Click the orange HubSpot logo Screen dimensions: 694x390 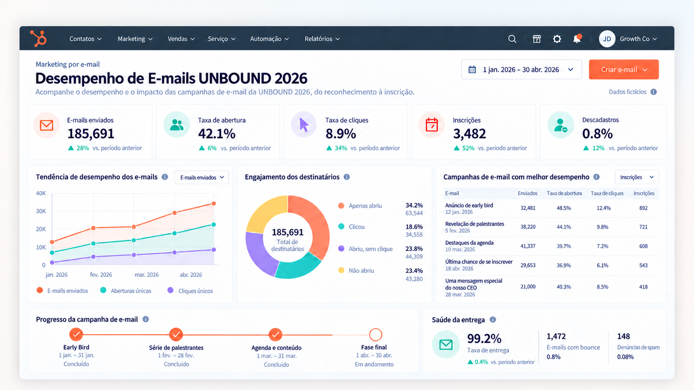pyautogui.click(x=39, y=39)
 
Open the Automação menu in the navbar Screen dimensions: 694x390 pyautogui.click(x=269, y=39)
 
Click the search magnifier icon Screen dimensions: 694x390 pyautogui.click(x=512, y=39)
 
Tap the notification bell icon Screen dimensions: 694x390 pyautogui.click(x=577, y=39)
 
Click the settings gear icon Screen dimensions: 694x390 pyautogui.click(x=557, y=39)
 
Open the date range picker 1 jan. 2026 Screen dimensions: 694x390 pyautogui.click(x=521, y=69)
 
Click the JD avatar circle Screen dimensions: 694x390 pyautogui.click(x=607, y=39)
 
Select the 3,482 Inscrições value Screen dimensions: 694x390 pyautogui.click(x=469, y=134)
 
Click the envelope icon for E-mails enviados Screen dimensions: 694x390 pyautogui.click(x=46, y=125)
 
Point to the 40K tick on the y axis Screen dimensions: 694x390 pyautogui.click(x=41, y=193)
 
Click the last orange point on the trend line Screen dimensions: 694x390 pyautogui.click(x=214, y=204)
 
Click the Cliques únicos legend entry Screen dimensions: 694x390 pyautogui.click(x=190, y=291)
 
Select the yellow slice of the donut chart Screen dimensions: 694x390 pyautogui.click(x=266, y=212)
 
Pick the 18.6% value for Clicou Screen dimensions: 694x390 pyautogui.click(x=414, y=227)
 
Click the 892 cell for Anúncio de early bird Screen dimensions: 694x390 pyautogui.click(x=643, y=208)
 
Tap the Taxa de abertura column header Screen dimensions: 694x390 pyautogui.click(x=564, y=193)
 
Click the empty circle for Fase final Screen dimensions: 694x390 pyautogui.click(x=376, y=335)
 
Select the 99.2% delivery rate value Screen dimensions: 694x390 pyautogui.click(x=484, y=338)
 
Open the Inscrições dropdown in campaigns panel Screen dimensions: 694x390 pyautogui.click(x=637, y=177)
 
